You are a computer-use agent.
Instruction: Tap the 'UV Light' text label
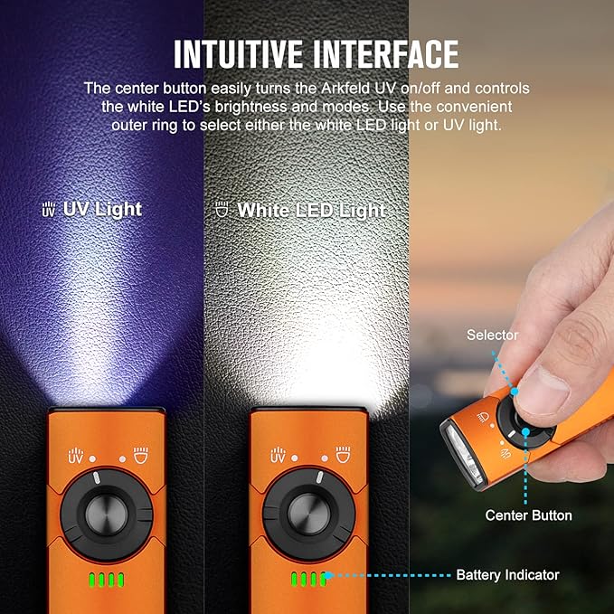[102, 209]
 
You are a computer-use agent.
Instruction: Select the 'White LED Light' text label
[311, 210]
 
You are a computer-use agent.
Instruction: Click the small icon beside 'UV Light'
[49, 210]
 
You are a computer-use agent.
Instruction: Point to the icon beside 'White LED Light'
[222, 210]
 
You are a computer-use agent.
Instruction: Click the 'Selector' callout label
[492, 335]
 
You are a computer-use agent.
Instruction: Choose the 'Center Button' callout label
[528, 515]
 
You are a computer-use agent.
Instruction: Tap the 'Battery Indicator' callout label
[507, 574]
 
